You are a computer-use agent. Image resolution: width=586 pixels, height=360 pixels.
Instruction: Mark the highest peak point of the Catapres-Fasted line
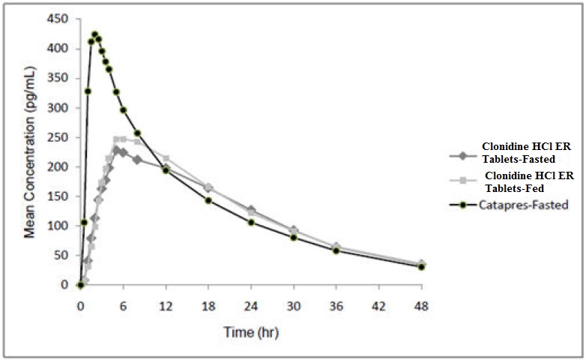click(x=94, y=34)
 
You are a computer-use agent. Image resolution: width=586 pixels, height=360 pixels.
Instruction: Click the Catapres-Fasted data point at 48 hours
click(x=421, y=266)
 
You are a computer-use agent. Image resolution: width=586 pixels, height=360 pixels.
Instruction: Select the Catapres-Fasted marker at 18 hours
click(x=208, y=200)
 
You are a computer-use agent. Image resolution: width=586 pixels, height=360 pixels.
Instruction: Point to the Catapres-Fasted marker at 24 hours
click(x=251, y=222)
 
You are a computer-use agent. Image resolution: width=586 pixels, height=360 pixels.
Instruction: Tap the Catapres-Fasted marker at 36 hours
click(x=336, y=250)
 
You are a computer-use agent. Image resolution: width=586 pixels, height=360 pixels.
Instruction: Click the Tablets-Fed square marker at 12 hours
click(x=166, y=158)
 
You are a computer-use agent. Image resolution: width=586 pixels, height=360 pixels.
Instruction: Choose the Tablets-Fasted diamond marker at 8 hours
click(x=137, y=160)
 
